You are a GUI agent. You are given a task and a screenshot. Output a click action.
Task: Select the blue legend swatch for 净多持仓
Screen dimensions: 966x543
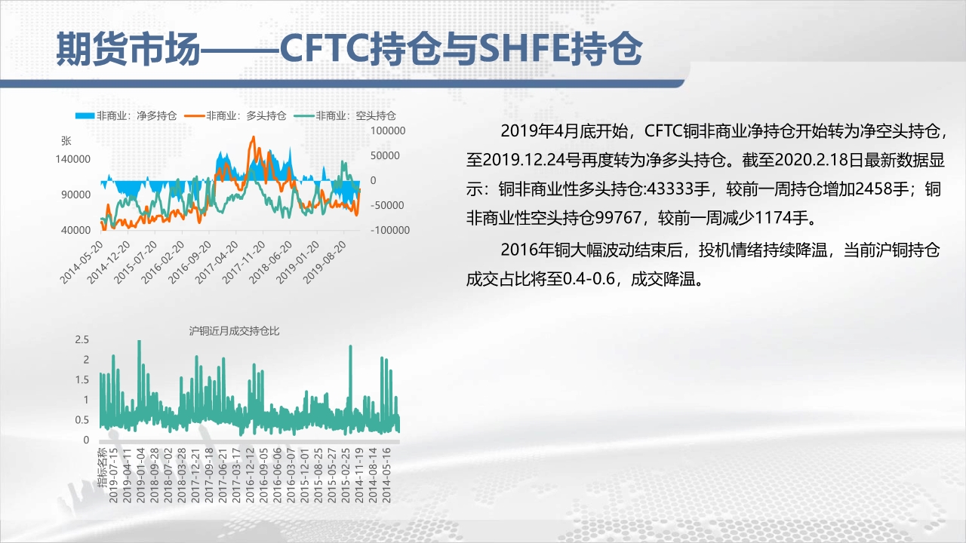click(85, 115)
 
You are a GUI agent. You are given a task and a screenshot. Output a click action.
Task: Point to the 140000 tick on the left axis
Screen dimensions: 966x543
click(73, 159)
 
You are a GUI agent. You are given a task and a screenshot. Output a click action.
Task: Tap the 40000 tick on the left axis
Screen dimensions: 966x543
click(76, 230)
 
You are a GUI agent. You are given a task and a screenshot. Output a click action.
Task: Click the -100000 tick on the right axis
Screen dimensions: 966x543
click(390, 230)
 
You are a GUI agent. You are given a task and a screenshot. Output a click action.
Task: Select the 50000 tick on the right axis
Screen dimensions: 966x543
click(385, 155)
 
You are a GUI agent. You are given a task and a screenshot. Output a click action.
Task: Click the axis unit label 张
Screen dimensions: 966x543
click(66, 141)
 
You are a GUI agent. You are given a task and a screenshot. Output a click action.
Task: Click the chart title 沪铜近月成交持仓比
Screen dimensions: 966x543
click(234, 331)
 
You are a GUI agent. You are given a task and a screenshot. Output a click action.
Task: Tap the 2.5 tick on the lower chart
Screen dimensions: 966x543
click(82, 339)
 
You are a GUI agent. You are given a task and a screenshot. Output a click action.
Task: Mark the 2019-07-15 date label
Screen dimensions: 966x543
click(113, 475)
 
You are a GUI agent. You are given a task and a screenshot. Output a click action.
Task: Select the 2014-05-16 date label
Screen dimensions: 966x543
click(386, 475)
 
